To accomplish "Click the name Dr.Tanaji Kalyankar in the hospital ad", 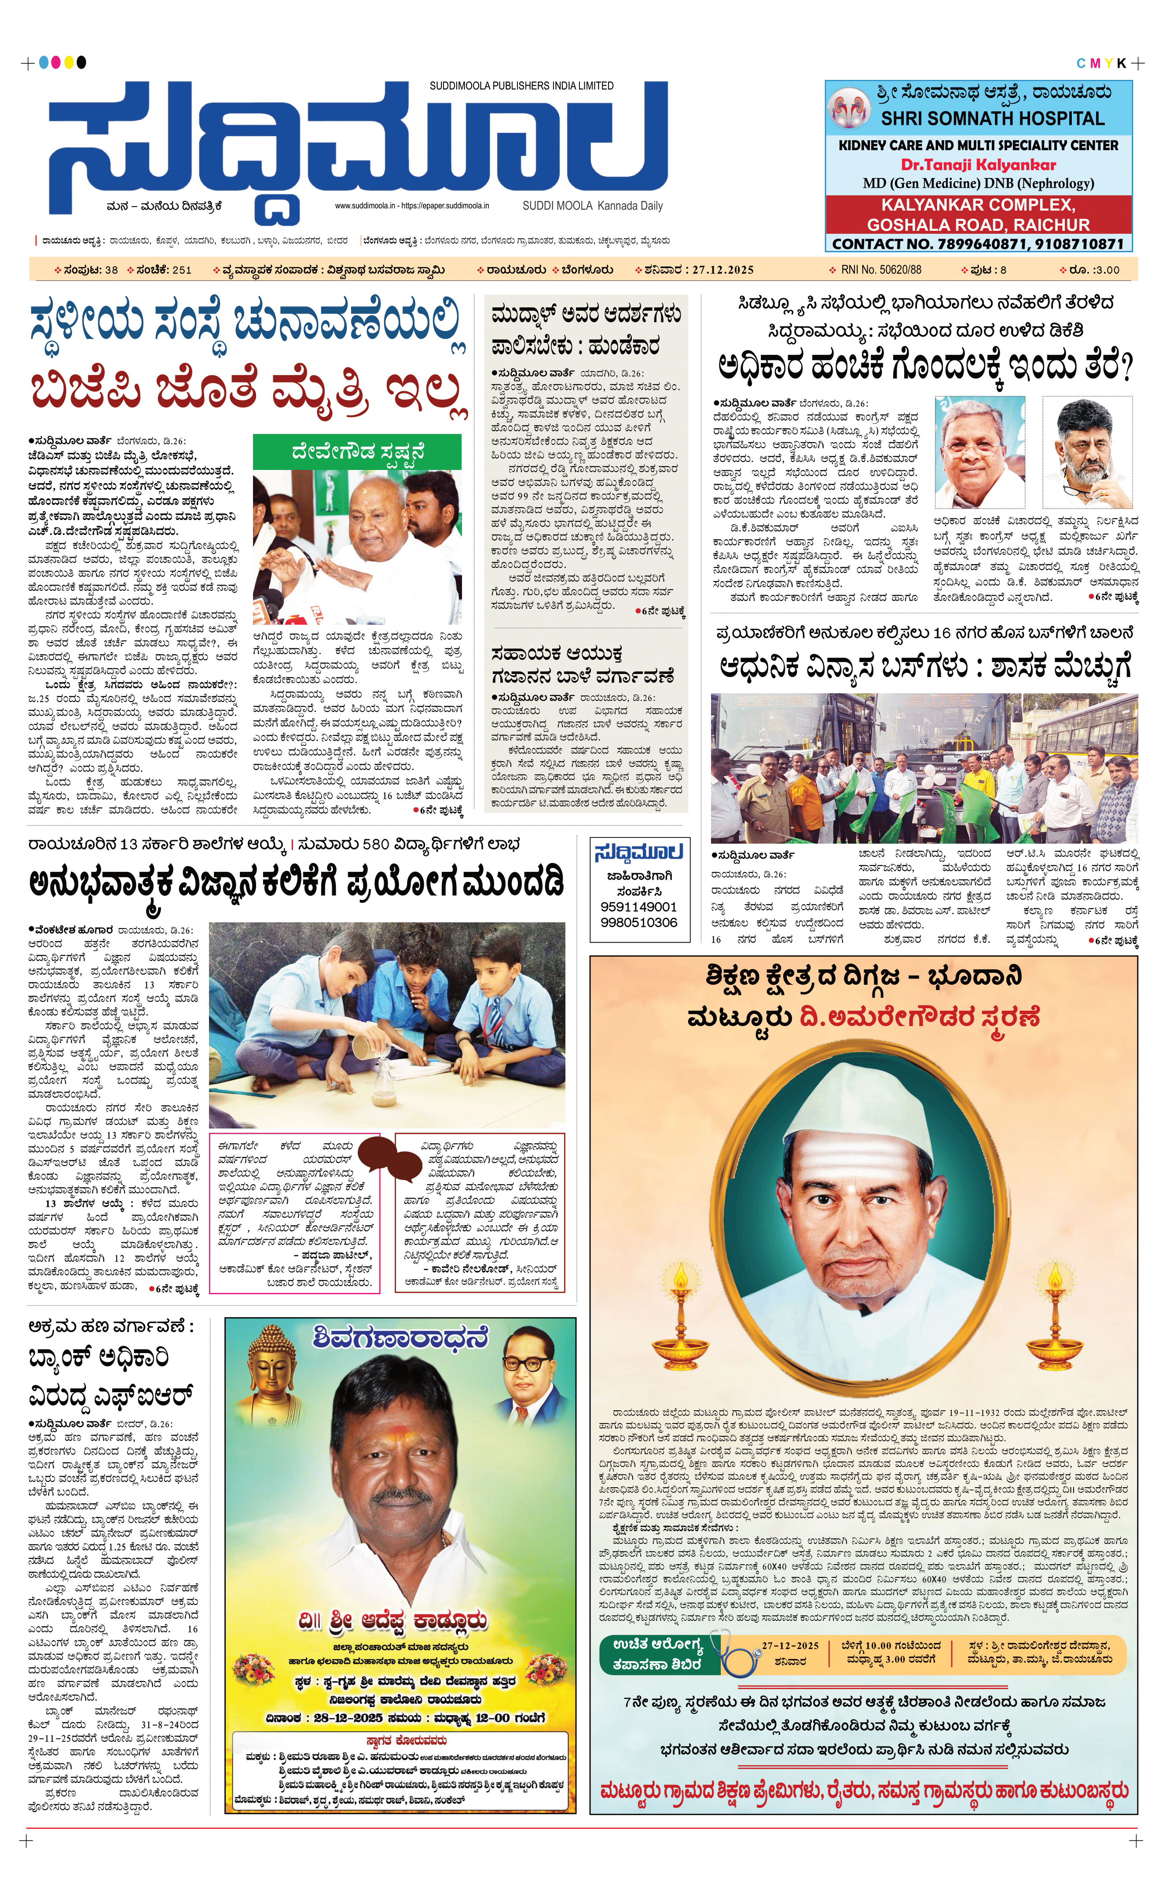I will click(978, 164).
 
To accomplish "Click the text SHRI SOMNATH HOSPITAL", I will click(992, 119).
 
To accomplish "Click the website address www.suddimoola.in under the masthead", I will click(366, 206).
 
